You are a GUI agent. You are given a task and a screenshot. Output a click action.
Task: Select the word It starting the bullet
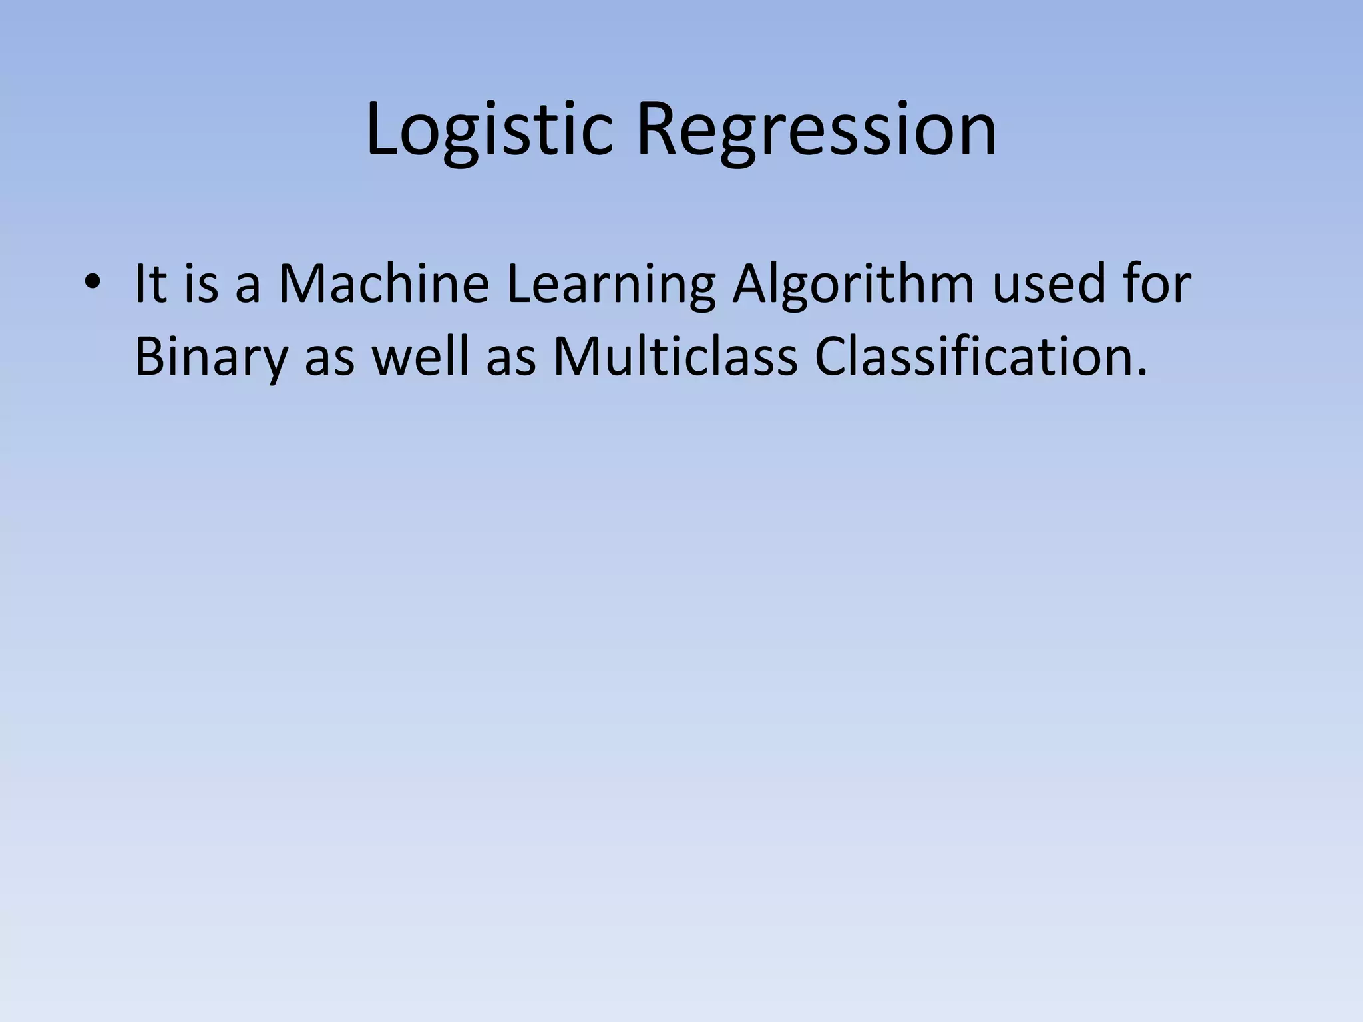pyautogui.click(x=150, y=284)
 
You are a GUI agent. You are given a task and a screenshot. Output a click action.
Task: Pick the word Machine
pyautogui.click(x=383, y=284)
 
